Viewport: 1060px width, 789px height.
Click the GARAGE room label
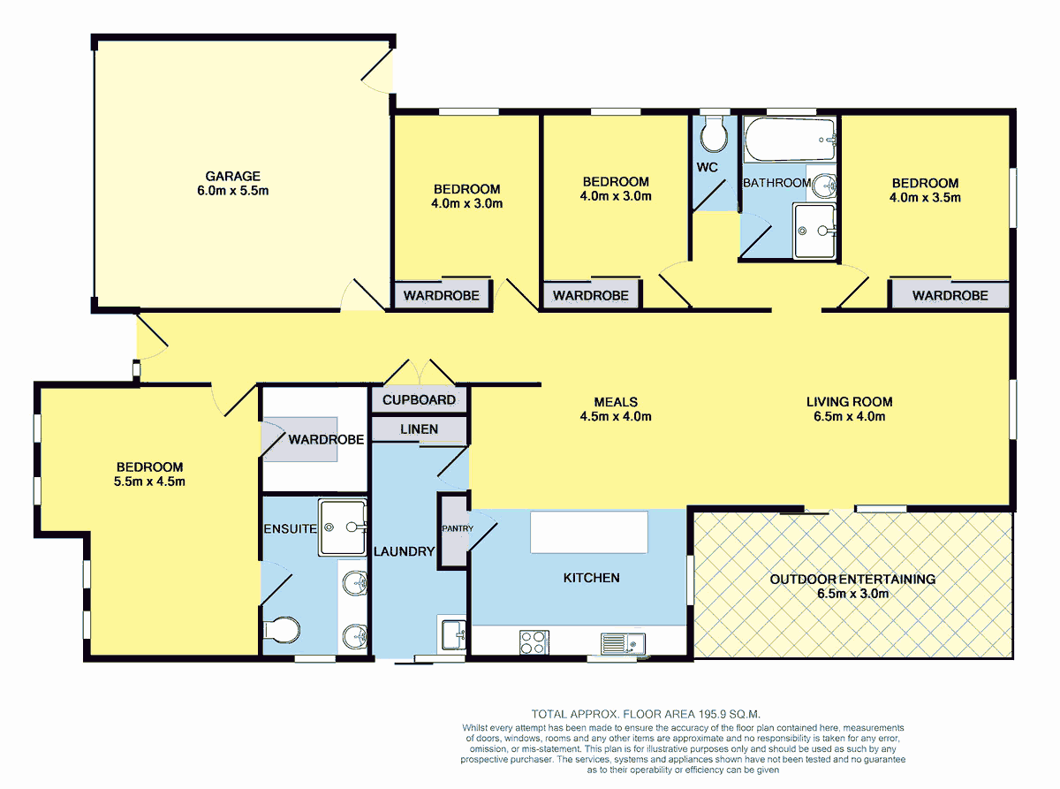[x=233, y=176]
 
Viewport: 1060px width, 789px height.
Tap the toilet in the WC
[x=713, y=135]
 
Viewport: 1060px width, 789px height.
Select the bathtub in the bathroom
[x=789, y=140]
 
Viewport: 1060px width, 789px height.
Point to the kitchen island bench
[x=588, y=532]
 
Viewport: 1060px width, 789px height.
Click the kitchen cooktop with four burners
[x=533, y=641]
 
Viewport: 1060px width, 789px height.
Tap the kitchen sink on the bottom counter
[x=623, y=642]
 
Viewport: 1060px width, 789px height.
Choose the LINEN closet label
[x=419, y=429]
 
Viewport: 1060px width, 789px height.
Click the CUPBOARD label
[x=419, y=400]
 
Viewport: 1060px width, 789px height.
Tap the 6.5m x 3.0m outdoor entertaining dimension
[x=852, y=594]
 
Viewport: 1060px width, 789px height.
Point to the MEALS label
[x=616, y=402]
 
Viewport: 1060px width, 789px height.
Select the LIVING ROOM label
[x=849, y=402]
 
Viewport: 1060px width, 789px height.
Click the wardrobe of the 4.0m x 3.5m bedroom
[x=950, y=295]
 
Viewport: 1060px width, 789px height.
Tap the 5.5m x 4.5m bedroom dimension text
[x=149, y=482]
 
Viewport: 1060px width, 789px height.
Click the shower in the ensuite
[x=342, y=527]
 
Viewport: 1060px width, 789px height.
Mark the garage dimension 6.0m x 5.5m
[x=233, y=190]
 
